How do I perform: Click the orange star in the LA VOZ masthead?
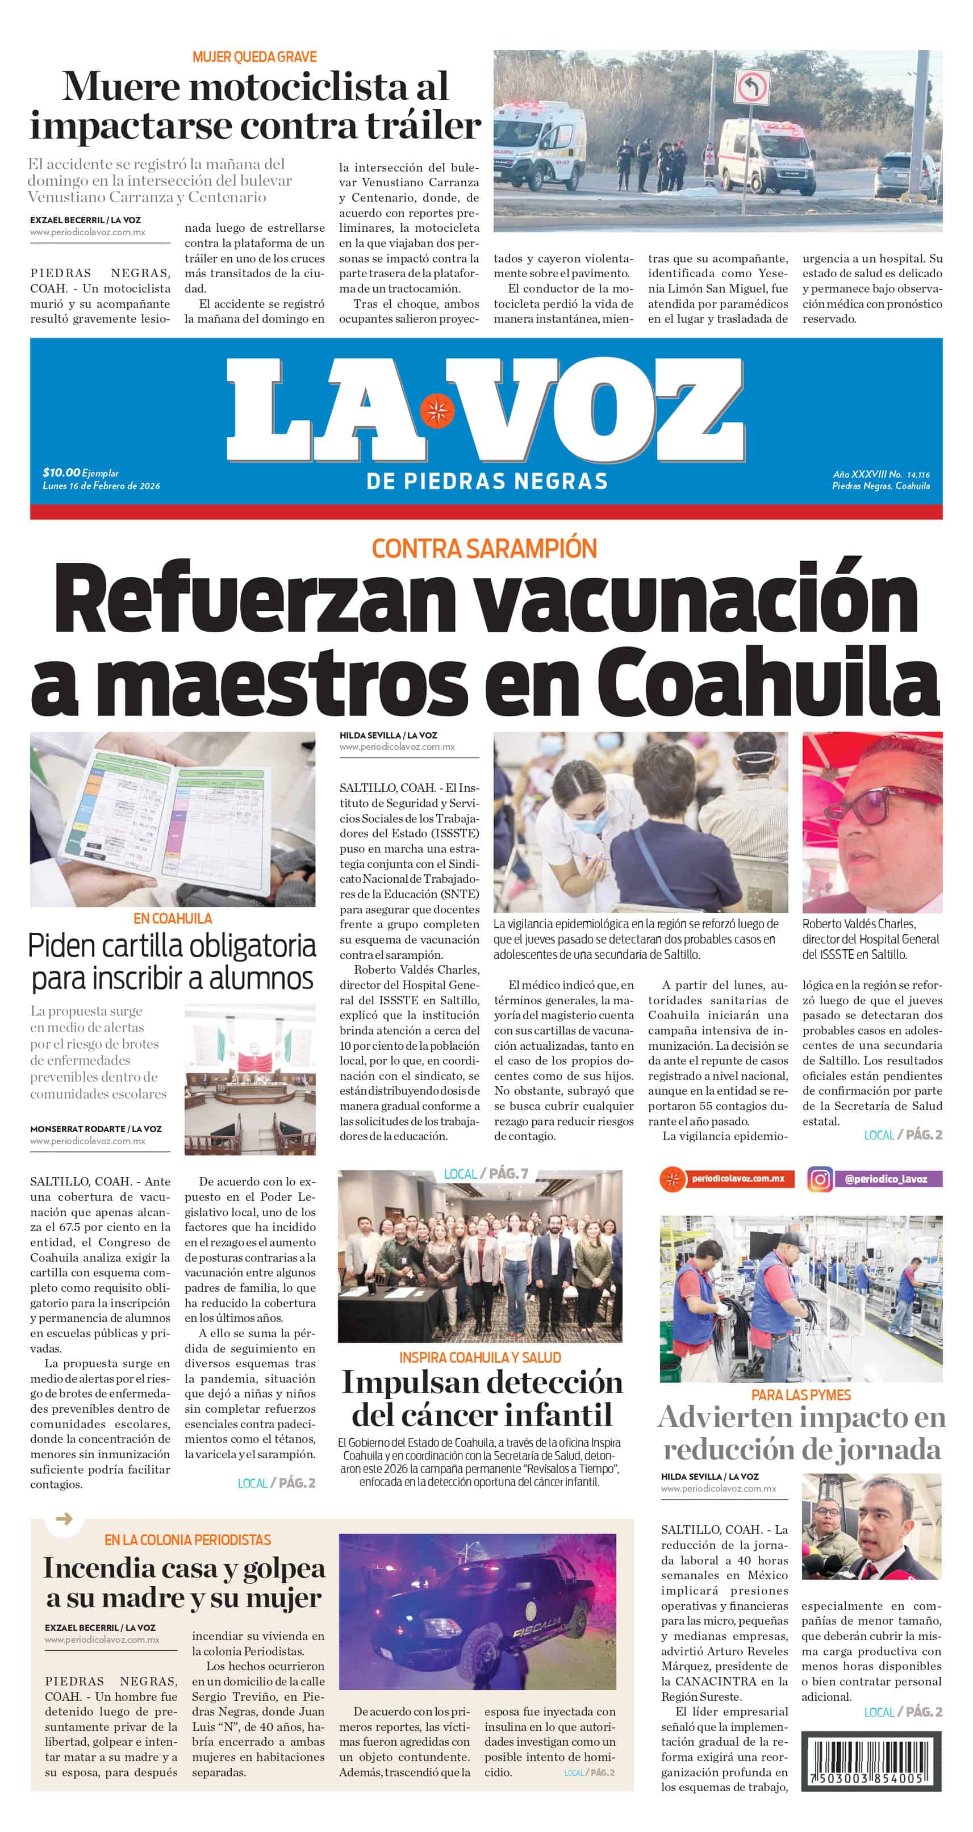[436, 412]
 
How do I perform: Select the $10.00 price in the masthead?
[61, 472]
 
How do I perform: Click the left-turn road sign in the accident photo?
[753, 87]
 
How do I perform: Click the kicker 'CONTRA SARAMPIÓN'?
[485, 548]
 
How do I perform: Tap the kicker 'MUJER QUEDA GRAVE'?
[254, 57]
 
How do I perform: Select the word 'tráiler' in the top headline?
[423, 126]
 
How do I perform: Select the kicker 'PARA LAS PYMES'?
[801, 1395]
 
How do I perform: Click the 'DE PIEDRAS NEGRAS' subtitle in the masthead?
[486, 482]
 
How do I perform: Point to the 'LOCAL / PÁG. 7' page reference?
[486, 1174]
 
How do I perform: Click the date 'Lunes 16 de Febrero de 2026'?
[101, 486]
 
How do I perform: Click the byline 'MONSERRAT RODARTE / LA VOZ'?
[96, 1129]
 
